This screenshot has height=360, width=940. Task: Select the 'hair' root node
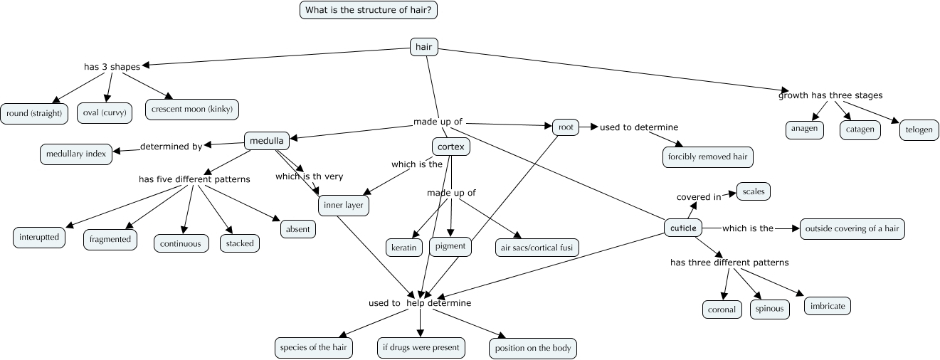tap(424, 47)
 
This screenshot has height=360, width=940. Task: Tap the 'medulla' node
tap(267, 141)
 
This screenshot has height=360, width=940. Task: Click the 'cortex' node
tap(451, 147)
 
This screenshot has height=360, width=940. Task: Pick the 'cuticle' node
tap(682, 228)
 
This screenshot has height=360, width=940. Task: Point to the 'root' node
tap(566, 127)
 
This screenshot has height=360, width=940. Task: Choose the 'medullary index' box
tap(76, 154)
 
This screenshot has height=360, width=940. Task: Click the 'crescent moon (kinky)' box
tap(192, 109)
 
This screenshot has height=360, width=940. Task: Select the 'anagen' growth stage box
tap(806, 129)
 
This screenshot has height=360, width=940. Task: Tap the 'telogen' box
tap(919, 130)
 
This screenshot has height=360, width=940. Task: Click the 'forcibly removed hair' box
tap(707, 157)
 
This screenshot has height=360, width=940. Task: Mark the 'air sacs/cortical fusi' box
tap(537, 248)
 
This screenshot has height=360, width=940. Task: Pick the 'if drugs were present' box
tap(421, 348)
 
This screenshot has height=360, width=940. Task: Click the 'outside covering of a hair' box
tap(852, 228)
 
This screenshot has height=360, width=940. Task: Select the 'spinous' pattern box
tap(769, 309)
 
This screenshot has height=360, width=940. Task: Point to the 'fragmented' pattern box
tap(110, 239)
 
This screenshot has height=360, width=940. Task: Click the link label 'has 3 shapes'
tap(112, 67)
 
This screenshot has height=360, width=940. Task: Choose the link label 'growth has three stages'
tap(830, 95)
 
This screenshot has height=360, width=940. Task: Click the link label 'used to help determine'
tap(420, 303)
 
